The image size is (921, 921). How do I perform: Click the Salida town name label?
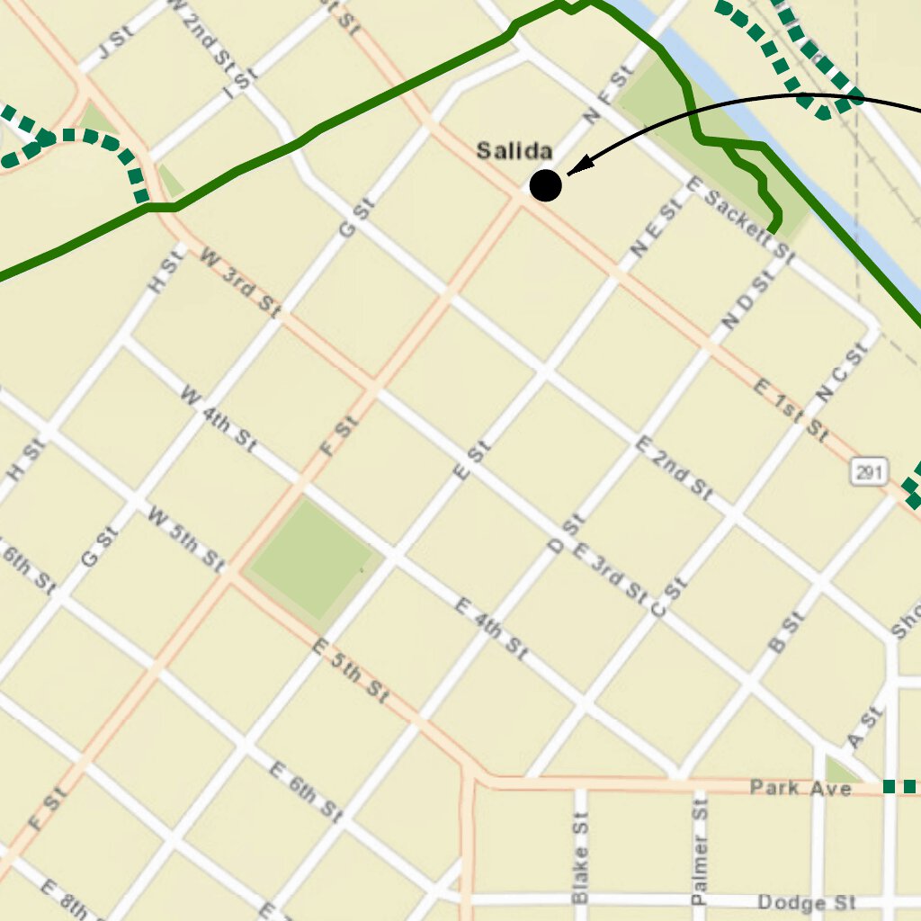[x=514, y=151]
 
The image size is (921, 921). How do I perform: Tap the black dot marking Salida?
[x=545, y=185]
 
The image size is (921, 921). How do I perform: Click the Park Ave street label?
[x=800, y=788]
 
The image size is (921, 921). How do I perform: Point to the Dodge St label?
[x=806, y=902]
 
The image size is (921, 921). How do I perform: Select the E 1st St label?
[x=791, y=410]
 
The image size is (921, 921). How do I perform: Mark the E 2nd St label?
[x=675, y=468]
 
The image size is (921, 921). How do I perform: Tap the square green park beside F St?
[x=310, y=559]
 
